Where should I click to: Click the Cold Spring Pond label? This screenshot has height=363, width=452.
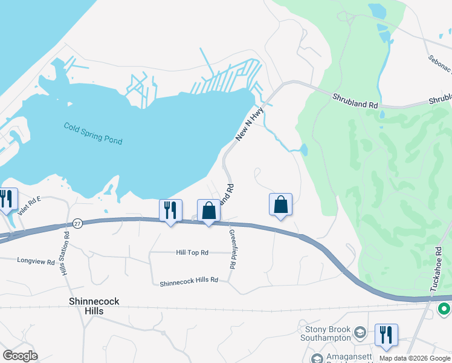93,133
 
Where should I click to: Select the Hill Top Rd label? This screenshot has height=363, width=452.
192,252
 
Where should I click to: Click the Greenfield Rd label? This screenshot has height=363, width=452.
232,249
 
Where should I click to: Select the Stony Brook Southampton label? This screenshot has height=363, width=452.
325,335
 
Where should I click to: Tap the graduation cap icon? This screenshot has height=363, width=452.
360,333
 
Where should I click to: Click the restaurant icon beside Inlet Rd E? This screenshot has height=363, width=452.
7,199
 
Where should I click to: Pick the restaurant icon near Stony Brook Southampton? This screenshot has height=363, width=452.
386,335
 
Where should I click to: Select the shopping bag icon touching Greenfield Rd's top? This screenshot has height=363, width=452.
208,211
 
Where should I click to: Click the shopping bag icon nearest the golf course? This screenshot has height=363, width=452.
281,204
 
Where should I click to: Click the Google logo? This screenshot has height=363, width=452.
19,356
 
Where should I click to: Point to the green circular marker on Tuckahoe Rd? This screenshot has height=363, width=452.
444,309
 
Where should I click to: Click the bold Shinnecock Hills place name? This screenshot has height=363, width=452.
94,306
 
